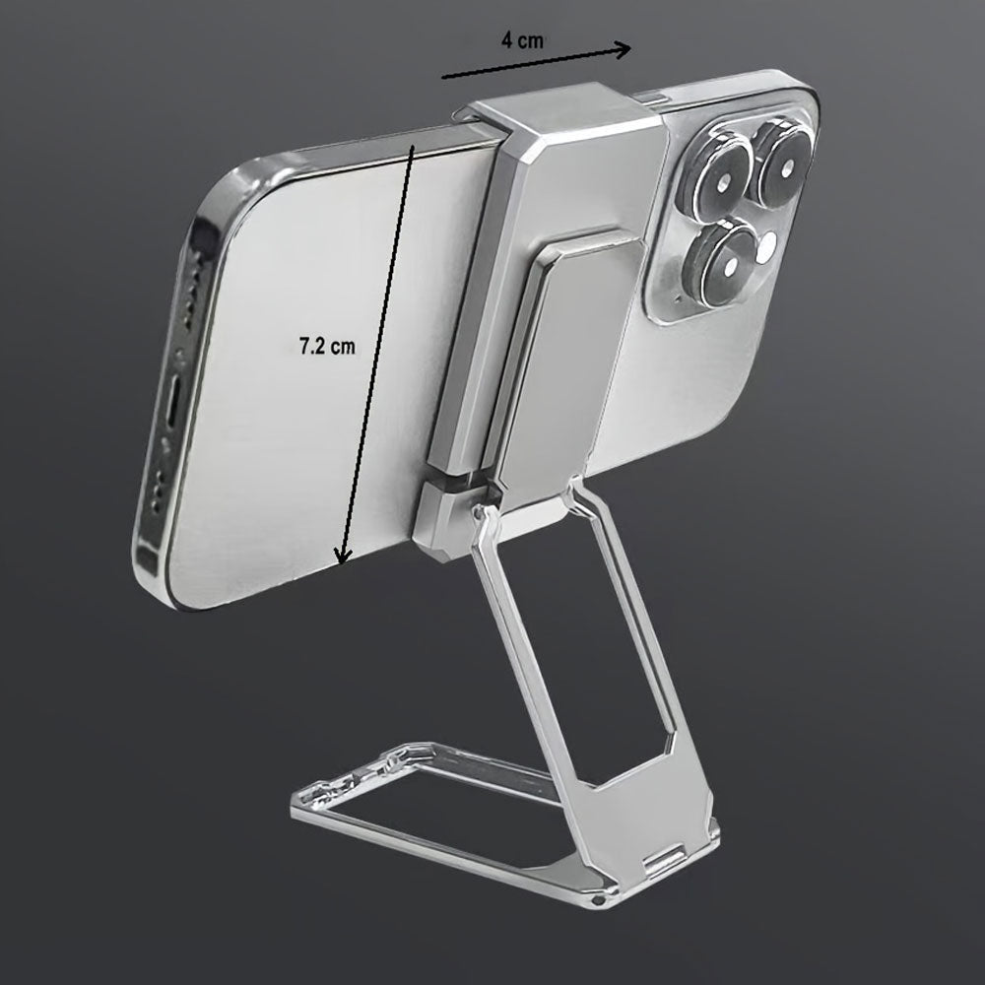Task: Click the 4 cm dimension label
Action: tap(522, 40)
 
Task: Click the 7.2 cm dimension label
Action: tap(327, 346)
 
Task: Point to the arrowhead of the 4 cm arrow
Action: tap(624, 49)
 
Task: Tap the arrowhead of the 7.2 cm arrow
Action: tap(343, 556)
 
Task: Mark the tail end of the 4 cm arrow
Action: tap(443, 77)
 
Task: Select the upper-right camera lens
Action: tap(784, 166)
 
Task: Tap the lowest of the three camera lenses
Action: tap(727, 263)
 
